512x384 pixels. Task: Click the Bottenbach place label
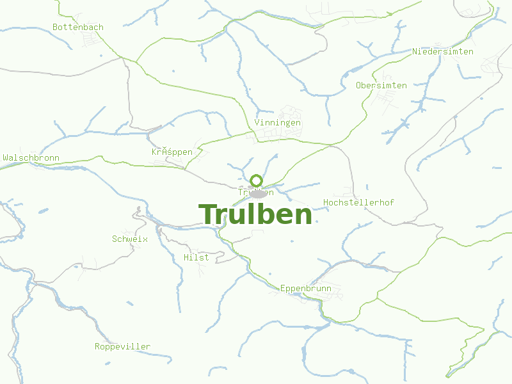[78, 28]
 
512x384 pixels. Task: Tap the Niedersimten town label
[443, 51]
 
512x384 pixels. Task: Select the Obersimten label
[381, 85]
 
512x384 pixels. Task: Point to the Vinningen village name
[277, 122]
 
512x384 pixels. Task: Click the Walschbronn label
[31, 157]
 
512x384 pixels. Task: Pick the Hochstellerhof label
[358, 202]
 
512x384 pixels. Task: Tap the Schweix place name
[130, 239]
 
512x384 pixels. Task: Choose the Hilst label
[196, 257]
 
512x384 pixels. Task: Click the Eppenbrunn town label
[306, 289]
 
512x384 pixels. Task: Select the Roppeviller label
[122, 346]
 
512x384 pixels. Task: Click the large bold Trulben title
[255, 214]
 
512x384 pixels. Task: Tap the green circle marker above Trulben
[257, 180]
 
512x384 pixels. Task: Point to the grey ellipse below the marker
[257, 193]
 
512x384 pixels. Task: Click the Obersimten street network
[384, 99]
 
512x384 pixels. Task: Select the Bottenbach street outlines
[90, 40]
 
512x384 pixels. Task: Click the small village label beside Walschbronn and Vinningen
[172, 152]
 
